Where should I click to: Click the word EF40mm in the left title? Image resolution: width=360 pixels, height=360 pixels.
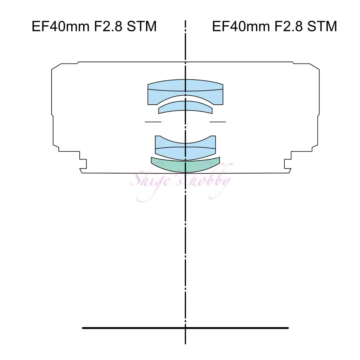[x=60, y=26]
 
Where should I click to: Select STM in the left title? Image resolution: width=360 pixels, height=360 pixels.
[x=141, y=26]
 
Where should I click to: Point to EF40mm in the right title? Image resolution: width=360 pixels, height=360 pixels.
[x=241, y=26]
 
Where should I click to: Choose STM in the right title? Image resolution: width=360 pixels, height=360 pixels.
[x=322, y=26]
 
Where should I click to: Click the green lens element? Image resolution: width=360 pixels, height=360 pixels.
[x=185, y=167]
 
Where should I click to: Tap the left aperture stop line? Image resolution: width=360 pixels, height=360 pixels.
[x=153, y=122]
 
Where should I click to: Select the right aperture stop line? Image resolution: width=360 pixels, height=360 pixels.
[x=218, y=122]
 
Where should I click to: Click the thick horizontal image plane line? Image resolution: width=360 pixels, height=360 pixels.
[x=185, y=328]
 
